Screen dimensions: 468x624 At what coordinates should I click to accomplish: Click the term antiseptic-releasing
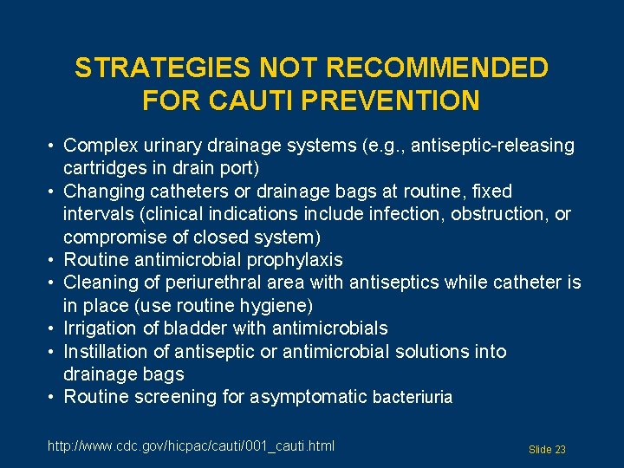[492, 146]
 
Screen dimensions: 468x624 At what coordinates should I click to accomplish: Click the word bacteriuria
[413, 398]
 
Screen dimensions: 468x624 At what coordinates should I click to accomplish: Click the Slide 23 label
[547, 450]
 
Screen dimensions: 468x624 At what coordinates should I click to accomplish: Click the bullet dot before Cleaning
[53, 283]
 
